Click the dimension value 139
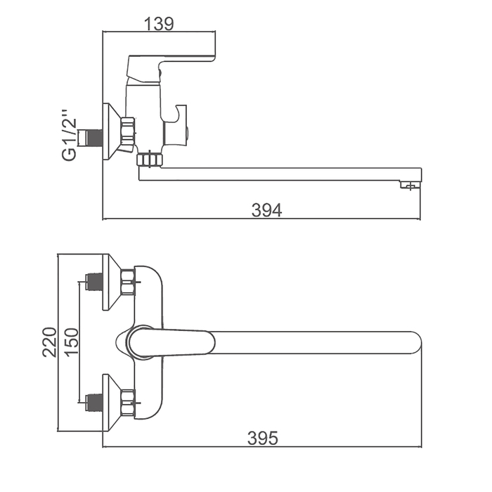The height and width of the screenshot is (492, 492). [x=159, y=24]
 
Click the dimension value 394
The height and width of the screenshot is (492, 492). [x=266, y=210]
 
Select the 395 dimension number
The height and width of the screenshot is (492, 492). [x=263, y=439]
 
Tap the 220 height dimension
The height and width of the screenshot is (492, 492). [x=50, y=342]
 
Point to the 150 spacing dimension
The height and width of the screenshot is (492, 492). [x=72, y=342]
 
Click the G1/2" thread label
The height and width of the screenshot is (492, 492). [x=70, y=135]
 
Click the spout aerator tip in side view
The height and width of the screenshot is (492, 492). [x=410, y=185]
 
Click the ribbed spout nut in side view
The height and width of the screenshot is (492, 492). [x=150, y=160]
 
